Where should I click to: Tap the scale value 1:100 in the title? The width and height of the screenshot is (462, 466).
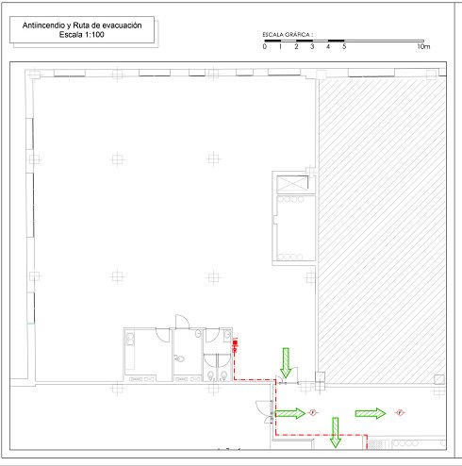(x=93, y=35)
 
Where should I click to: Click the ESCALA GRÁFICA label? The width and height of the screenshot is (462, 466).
(x=288, y=35)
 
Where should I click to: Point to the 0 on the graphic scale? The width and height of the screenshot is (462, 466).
(x=265, y=46)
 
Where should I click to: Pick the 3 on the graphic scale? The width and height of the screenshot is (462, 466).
(x=312, y=46)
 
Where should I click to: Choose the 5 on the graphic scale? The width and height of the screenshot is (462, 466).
(x=344, y=46)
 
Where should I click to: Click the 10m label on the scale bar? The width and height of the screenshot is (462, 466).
(x=423, y=46)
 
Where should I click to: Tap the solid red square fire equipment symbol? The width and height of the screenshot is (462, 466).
(x=235, y=342)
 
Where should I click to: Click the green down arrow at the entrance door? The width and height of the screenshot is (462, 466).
(x=286, y=362)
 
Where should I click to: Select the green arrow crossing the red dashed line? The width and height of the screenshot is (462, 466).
(x=336, y=432)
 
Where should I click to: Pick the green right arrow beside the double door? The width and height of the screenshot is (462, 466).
(x=290, y=413)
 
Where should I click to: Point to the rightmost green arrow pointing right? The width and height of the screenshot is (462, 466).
(x=371, y=413)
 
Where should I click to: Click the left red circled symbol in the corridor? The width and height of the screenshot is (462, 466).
(x=313, y=412)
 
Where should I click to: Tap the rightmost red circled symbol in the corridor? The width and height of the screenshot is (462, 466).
(x=400, y=412)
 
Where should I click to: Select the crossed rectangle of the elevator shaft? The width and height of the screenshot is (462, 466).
(x=292, y=183)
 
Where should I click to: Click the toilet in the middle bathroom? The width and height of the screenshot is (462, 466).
(x=179, y=358)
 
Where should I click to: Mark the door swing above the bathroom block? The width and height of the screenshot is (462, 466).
(x=183, y=321)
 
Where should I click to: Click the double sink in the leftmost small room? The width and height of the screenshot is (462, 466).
(x=130, y=340)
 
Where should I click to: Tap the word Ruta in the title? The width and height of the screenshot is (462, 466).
(x=80, y=25)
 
